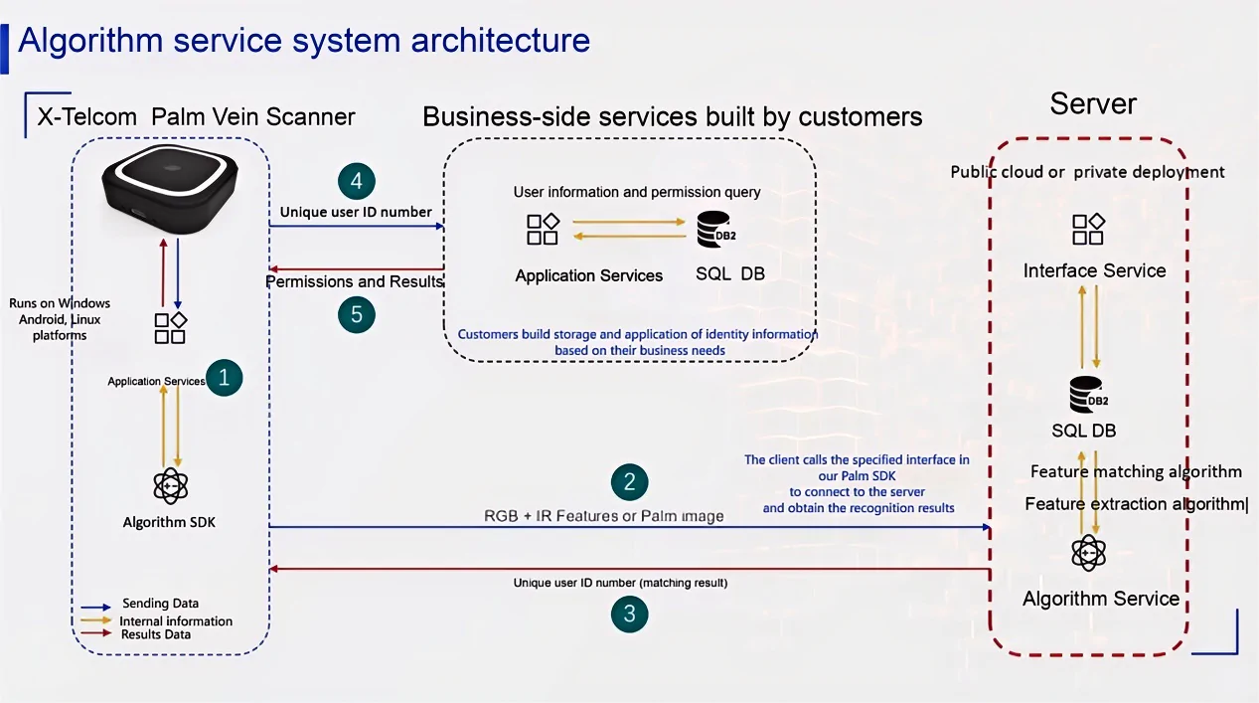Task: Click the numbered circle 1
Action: click(224, 377)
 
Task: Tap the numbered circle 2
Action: click(629, 482)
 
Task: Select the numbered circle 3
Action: click(629, 614)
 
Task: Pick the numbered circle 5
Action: click(356, 315)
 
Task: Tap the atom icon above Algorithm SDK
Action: click(171, 485)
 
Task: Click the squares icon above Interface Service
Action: click(1088, 230)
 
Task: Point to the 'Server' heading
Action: click(1093, 103)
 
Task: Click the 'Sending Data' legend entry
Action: click(160, 604)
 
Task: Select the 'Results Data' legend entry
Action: click(156, 634)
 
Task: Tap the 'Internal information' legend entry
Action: click(176, 620)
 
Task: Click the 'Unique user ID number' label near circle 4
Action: click(356, 212)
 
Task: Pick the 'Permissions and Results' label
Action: click(354, 281)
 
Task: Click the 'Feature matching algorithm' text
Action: click(1136, 471)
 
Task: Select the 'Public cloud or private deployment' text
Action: click(1087, 172)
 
